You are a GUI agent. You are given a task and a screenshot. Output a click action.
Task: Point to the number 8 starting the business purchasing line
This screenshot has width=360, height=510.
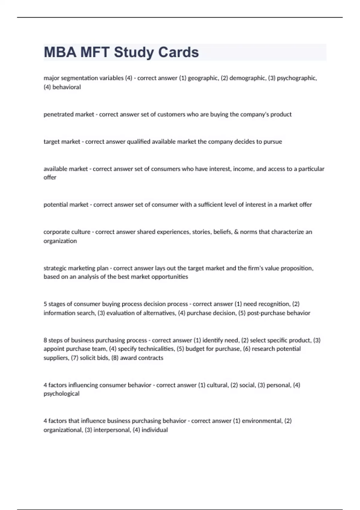[45, 340]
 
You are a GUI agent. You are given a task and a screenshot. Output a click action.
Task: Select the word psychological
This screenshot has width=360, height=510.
[61, 394]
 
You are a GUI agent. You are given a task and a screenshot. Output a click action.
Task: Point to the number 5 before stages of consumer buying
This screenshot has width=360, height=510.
[45, 304]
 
